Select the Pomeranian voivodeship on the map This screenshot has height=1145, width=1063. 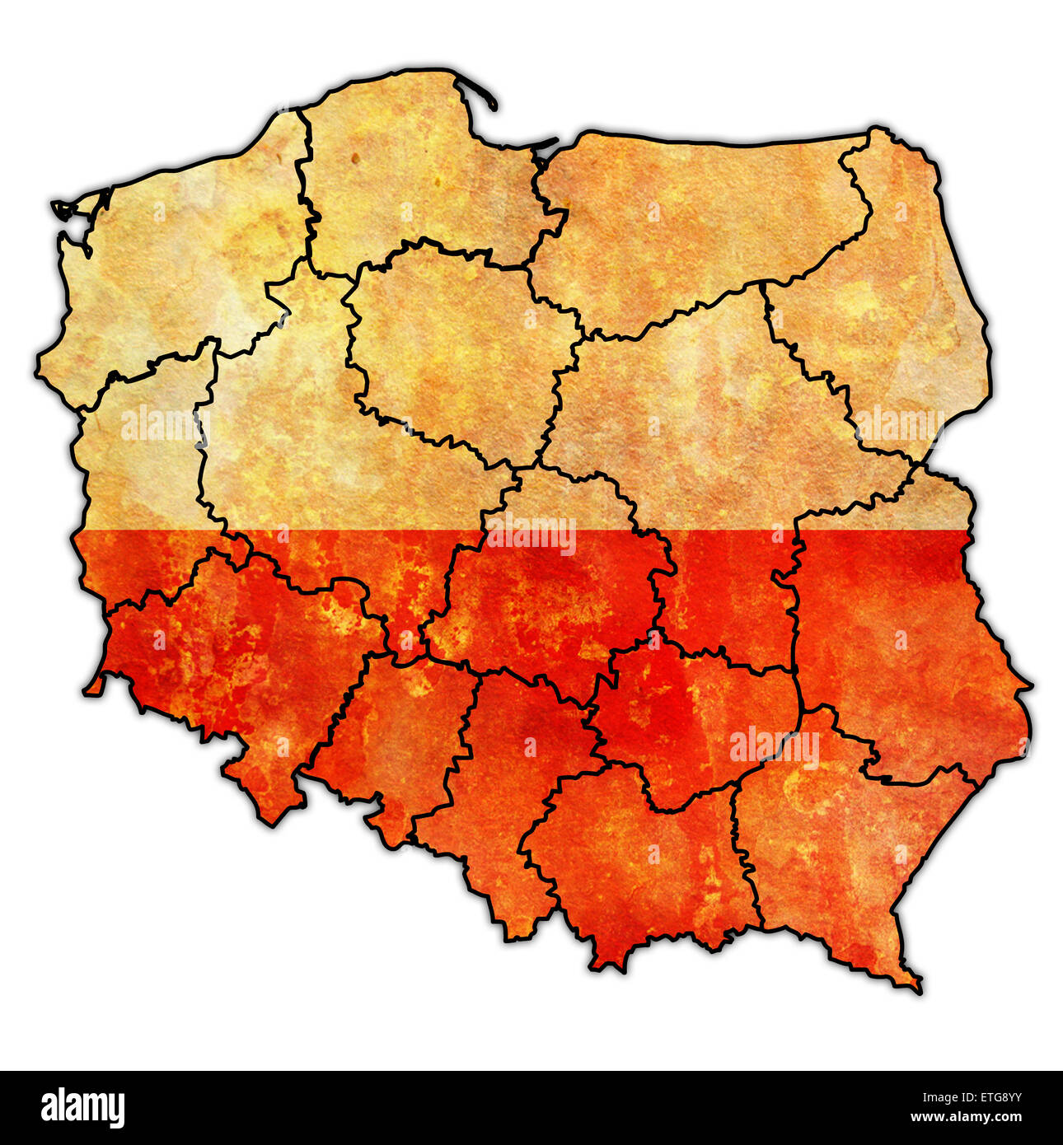click(x=412, y=181)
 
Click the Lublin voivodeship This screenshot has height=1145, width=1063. click(x=898, y=643)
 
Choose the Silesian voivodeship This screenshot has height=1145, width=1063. click(x=494, y=791)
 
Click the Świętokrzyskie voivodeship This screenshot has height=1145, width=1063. click(x=692, y=717)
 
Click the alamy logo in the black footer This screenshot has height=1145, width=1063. click(x=82, y=1107)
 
